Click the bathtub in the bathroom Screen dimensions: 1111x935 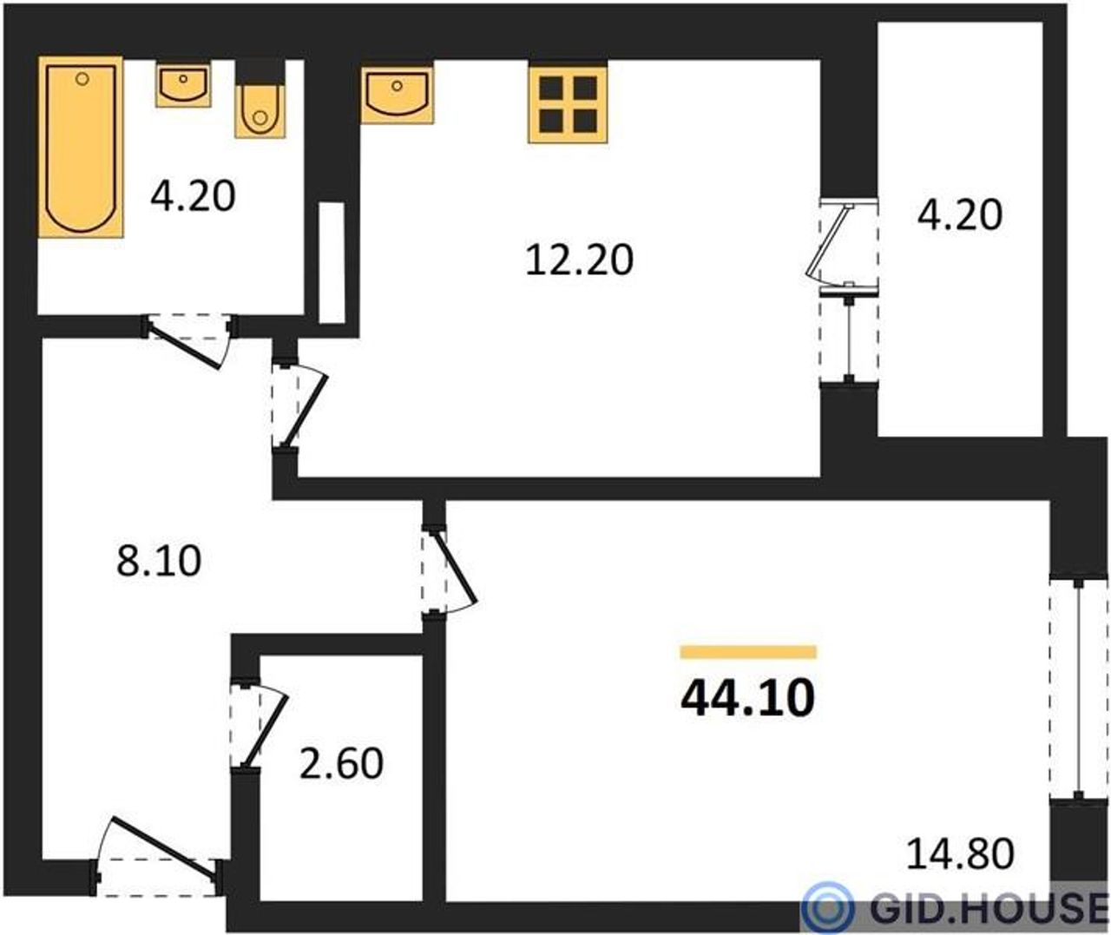tap(81, 147)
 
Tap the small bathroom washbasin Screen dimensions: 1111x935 tap(183, 84)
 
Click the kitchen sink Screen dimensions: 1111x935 tap(397, 93)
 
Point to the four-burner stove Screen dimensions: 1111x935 tap(568, 103)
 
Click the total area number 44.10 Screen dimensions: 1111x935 tap(747, 698)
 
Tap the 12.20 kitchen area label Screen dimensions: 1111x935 tap(580, 260)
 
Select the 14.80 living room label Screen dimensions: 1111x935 tap(961, 869)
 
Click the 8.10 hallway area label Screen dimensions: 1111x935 tap(159, 561)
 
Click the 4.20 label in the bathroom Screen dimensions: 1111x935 tap(193, 196)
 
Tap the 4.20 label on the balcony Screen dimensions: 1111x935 tap(960, 214)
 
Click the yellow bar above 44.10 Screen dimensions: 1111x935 tap(748, 652)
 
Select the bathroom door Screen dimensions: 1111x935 tap(188, 340)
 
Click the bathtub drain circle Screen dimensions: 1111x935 tap(82, 79)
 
